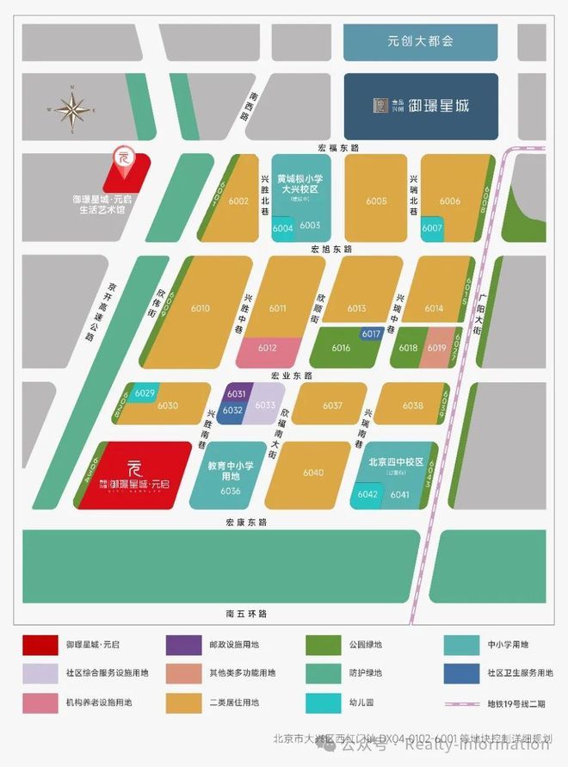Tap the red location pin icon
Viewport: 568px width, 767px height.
[x=122, y=157]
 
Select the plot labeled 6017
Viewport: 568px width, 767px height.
[x=371, y=333]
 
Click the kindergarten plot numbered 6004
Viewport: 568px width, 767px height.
[x=282, y=229]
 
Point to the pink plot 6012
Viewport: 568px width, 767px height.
[x=267, y=349]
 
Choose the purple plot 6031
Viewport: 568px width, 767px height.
[x=237, y=393]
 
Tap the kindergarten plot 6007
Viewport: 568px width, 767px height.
[x=432, y=228]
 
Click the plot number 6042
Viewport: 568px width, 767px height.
[x=367, y=494]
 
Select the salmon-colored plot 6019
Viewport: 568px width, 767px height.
[x=436, y=348]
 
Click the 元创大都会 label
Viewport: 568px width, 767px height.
[x=420, y=40]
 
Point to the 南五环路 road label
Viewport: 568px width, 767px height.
[x=248, y=614]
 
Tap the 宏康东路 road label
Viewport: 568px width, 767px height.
[x=248, y=523]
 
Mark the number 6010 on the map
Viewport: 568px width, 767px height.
[x=201, y=308]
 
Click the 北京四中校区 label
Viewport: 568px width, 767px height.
[x=397, y=461]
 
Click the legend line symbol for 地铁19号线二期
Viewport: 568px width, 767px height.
[x=467, y=702]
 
